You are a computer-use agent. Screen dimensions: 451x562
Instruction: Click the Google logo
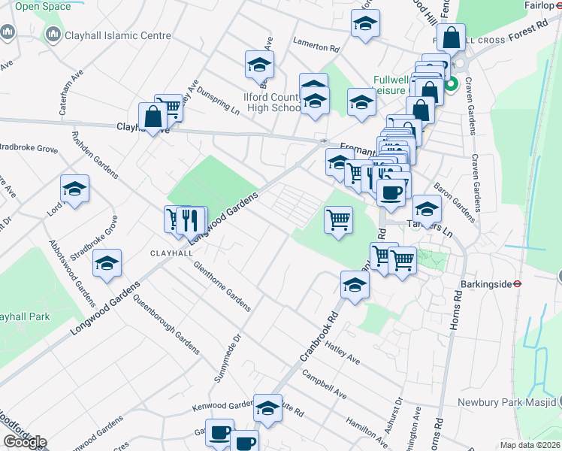(24, 442)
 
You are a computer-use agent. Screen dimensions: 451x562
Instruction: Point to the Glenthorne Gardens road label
(222, 286)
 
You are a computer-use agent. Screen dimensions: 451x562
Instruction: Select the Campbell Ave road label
(324, 384)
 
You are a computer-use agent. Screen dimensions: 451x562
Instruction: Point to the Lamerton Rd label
(316, 46)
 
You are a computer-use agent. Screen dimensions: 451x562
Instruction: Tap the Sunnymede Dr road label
(228, 359)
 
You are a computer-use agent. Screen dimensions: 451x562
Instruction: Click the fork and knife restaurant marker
(194, 219)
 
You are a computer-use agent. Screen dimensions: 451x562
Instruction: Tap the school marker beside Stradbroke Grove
(107, 263)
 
